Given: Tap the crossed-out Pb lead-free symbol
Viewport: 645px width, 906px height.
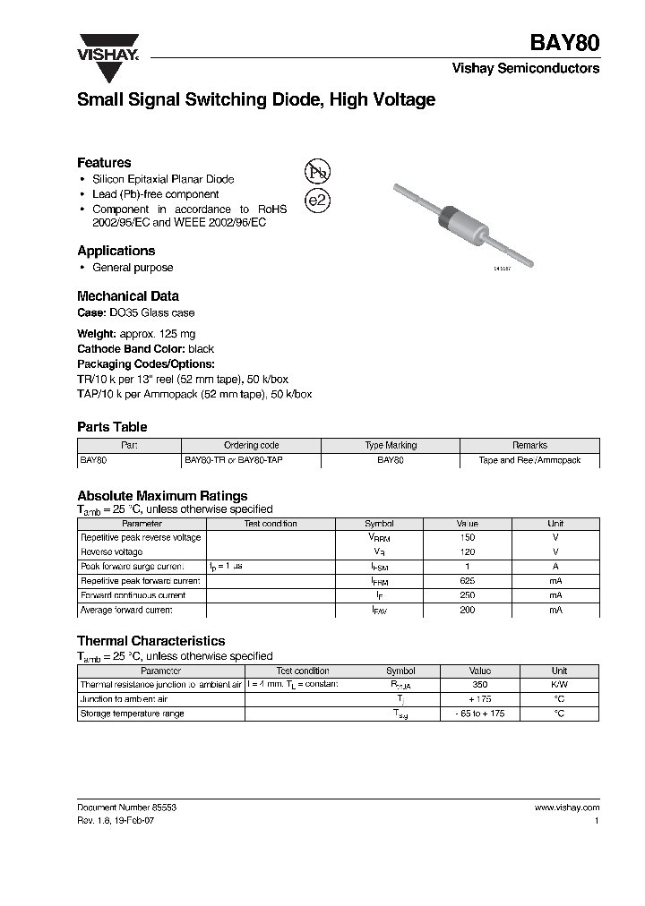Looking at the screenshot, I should click(x=317, y=173).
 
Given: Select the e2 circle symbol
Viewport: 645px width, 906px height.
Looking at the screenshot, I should click(x=317, y=201).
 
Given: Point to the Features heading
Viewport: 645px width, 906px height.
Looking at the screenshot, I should click(x=104, y=163).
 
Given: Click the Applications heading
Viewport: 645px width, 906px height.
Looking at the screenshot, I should click(x=116, y=251).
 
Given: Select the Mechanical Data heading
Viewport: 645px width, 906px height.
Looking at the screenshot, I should click(x=127, y=295).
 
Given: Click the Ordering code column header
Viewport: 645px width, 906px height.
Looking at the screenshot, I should click(x=251, y=445).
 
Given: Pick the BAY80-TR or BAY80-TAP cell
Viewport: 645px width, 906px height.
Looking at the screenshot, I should click(x=238, y=459).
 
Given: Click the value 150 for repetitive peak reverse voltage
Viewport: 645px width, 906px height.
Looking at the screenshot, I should click(x=467, y=538).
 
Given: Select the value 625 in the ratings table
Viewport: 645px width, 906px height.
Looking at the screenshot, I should click(x=467, y=581).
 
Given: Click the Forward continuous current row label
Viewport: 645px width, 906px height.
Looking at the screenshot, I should click(x=133, y=595).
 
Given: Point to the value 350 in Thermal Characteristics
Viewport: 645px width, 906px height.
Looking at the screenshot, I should click(x=480, y=685).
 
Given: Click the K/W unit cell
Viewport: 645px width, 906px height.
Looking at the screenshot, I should click(x=559, y=685).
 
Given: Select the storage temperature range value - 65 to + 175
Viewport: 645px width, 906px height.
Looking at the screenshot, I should click(x=480, y=714).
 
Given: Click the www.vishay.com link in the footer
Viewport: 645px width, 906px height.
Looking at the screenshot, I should click(x=566, y=807).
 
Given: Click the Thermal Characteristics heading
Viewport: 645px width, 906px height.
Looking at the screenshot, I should click(x=150, y=641).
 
